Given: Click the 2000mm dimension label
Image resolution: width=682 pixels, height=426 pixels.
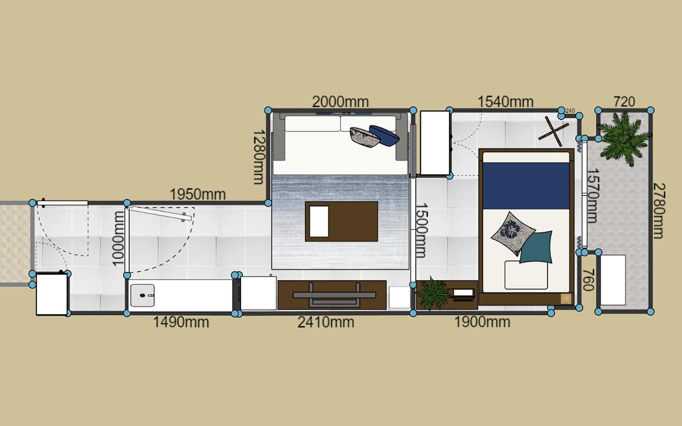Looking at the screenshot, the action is tap(341, 102).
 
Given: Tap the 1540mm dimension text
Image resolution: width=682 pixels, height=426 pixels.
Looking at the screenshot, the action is tap(506, 102).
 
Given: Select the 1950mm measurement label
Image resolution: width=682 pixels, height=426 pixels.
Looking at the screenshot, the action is tap(198, 194).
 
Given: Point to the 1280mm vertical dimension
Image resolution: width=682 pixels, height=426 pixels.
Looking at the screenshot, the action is tap(259, 157).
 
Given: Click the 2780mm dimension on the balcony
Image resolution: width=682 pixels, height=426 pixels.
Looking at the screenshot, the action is tap(659, 211).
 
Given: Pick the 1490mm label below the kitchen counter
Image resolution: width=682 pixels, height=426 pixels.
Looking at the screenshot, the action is tap(181, 322).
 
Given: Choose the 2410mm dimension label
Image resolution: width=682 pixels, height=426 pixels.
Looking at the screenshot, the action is tap(326, 322).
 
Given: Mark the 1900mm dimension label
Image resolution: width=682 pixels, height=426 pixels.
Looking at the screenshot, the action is tap(482, 322).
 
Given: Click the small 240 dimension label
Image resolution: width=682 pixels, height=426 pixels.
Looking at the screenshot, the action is tap(570, 111).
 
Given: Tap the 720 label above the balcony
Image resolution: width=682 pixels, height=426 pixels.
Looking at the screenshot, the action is tap(624, 102).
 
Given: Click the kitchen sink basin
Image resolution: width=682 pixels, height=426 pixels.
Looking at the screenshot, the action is tap(142, 295).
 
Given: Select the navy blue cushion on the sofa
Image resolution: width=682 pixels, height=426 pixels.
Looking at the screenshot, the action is tap(384, 135).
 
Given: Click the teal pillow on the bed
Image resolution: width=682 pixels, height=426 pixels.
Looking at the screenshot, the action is tap(536, 247).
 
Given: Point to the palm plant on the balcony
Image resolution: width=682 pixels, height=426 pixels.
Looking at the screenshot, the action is tap(624, 138).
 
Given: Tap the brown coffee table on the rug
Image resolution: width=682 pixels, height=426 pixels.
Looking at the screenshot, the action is tap(341, 222).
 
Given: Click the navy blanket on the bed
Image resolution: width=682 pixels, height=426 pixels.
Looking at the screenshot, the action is tap(526, 185).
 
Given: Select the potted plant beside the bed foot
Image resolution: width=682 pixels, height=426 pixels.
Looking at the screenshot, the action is tap(433, 294).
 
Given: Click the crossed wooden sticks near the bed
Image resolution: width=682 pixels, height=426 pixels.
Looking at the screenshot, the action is tap(553, 131).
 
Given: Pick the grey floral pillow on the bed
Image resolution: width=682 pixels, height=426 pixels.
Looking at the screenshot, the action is tap(512, 233).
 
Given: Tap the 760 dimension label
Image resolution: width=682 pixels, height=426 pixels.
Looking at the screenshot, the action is tap(588, 280).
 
